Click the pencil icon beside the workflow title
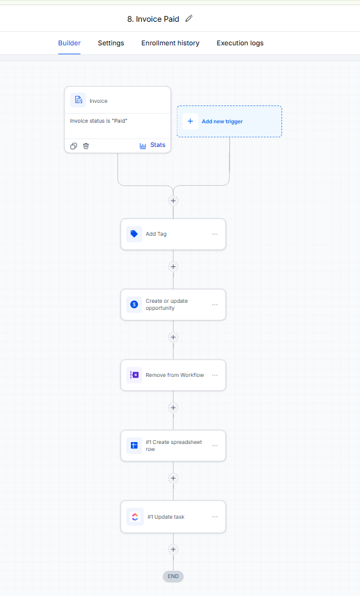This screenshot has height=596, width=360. click(x=189, y=19)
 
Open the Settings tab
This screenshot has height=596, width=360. click(x=111, y=43)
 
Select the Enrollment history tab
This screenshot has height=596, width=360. click(x=170, y=43)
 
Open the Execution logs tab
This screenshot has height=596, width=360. click(x=240, y=43)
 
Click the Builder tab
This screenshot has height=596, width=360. click(x=69, y=43)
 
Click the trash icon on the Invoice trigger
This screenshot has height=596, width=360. click(x=86, y=146)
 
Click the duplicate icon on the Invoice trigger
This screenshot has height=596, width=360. click(x=73, y=146)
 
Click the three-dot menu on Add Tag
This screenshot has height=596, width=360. click(x=215, y=234)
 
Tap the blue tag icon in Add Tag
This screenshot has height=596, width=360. click(x=134, y=234)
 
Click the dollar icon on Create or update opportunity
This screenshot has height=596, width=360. click(x=134, y=305)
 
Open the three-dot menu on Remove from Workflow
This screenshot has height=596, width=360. click(x=215, y=375)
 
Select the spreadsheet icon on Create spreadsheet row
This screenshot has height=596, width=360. click(x=134, y=445)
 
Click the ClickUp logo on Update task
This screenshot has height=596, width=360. click(x=135, y=517)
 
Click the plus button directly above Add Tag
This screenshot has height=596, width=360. click(x=173, y=201)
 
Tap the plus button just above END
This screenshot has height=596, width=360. click(x=173, y=549)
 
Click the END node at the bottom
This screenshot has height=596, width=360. click(x=173, y=576)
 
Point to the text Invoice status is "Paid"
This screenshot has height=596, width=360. click(x=99, y=121)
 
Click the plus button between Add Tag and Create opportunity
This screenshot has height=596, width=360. click(x=173, y=267)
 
